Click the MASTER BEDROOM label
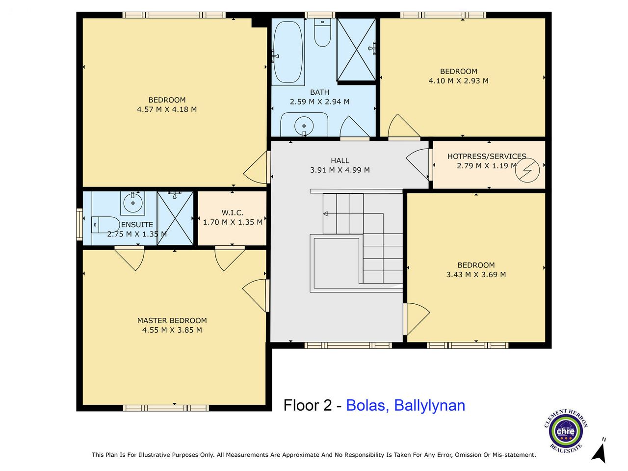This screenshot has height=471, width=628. click(x=172, y=320)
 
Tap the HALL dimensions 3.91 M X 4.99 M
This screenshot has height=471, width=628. click(x=340, y=170)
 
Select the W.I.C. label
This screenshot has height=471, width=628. click(x=233, y=213)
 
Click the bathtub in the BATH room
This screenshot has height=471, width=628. click(x=288, y=52)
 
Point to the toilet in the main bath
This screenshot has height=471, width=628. click(x=322, y=32)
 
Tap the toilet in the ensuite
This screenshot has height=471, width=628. click(x=105, y=225)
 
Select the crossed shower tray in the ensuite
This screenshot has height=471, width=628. click(x=175, y=218)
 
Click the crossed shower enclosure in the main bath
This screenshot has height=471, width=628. click(x=356, y=50)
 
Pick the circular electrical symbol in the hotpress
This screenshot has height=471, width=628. click(x=527, y=170)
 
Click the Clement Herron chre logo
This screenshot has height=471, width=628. click(x=566, y=431)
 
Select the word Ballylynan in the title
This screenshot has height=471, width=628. click(x=429, y=405)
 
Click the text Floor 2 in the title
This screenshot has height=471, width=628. click(x=308, y=405)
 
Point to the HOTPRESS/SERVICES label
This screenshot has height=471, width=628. click(x=487, y=157)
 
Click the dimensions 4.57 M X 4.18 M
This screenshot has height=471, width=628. click(x=167, y=109)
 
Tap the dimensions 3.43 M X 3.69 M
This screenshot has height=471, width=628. click(x=476, y=275)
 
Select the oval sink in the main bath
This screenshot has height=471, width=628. click(x=304, y=126)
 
